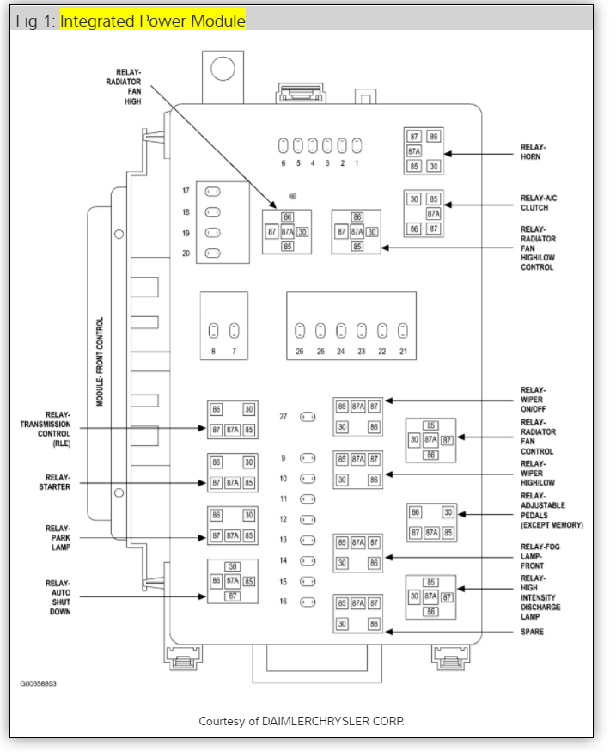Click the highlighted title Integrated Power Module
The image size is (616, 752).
(152, 21)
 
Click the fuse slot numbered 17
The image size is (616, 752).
(213, 192)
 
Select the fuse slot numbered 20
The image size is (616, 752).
(213, 254)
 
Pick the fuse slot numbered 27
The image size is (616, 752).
(307, 417)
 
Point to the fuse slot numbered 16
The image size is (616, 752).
(307, 602)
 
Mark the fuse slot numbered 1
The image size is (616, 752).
(356, 144)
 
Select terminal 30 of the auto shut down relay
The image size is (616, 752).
(232, 566)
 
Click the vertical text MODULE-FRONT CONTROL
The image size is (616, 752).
(100, 362)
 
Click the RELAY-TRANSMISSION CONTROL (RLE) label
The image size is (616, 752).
(47, 428)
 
